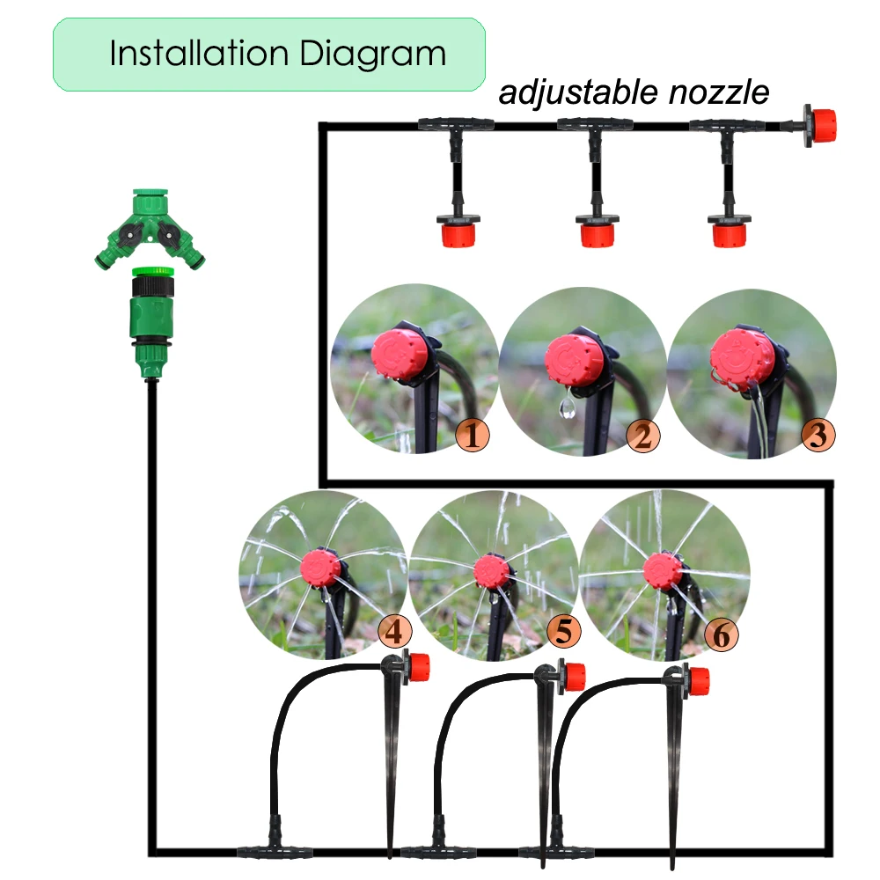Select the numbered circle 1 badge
pos(473,435)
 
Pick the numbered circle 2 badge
pos(642,435)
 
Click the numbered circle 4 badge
pos(393,630)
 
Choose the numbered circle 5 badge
pos(564,630)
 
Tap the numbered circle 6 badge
pos(721,634)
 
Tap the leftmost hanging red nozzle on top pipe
pos(458,232)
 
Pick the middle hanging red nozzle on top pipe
pos(596,232)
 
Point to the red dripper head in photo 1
pos(400,356)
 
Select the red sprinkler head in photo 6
pos(661,570)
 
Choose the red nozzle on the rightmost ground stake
pos(698,680)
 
